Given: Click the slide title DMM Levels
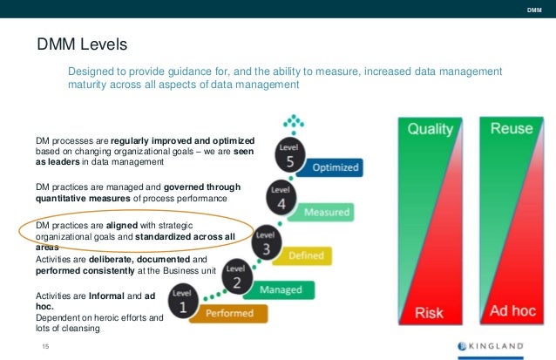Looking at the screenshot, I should pos(82,44).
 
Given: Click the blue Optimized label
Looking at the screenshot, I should pos(335,166).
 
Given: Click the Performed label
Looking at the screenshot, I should pos(230,313).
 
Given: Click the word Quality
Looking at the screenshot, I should pos(431,130).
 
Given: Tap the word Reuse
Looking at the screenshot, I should pos(511,129).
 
